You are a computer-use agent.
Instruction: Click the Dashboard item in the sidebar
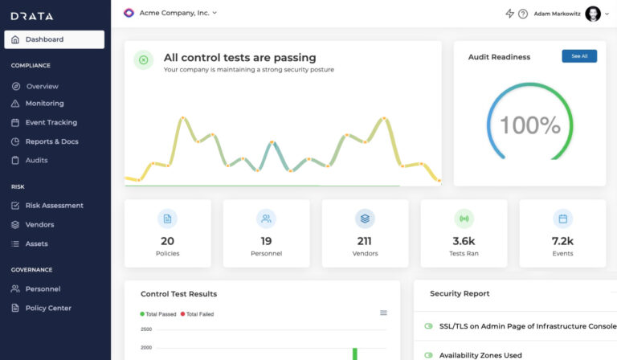pos(53,39)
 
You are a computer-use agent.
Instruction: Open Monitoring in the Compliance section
pos(44,104)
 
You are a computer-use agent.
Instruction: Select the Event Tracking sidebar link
pos(51,123)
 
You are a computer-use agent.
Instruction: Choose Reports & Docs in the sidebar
pos(51,141)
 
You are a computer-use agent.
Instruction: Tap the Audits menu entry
pos(36,160)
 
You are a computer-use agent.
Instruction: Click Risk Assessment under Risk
pos(54,206)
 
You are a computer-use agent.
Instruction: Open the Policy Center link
pos(48,308)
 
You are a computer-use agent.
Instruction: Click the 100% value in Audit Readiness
pos(529,125)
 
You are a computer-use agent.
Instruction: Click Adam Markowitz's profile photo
pos(593,14)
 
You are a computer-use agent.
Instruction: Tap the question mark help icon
pos(523,14)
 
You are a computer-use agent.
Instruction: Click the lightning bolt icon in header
pos(509,14)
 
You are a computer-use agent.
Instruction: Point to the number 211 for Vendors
pos(365,241)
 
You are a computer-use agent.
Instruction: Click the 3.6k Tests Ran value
pos(464,241)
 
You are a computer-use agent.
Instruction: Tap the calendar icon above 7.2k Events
pos(562,218)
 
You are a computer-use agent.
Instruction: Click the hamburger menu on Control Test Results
pos(383,313)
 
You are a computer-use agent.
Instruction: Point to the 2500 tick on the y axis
pos(146,329)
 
